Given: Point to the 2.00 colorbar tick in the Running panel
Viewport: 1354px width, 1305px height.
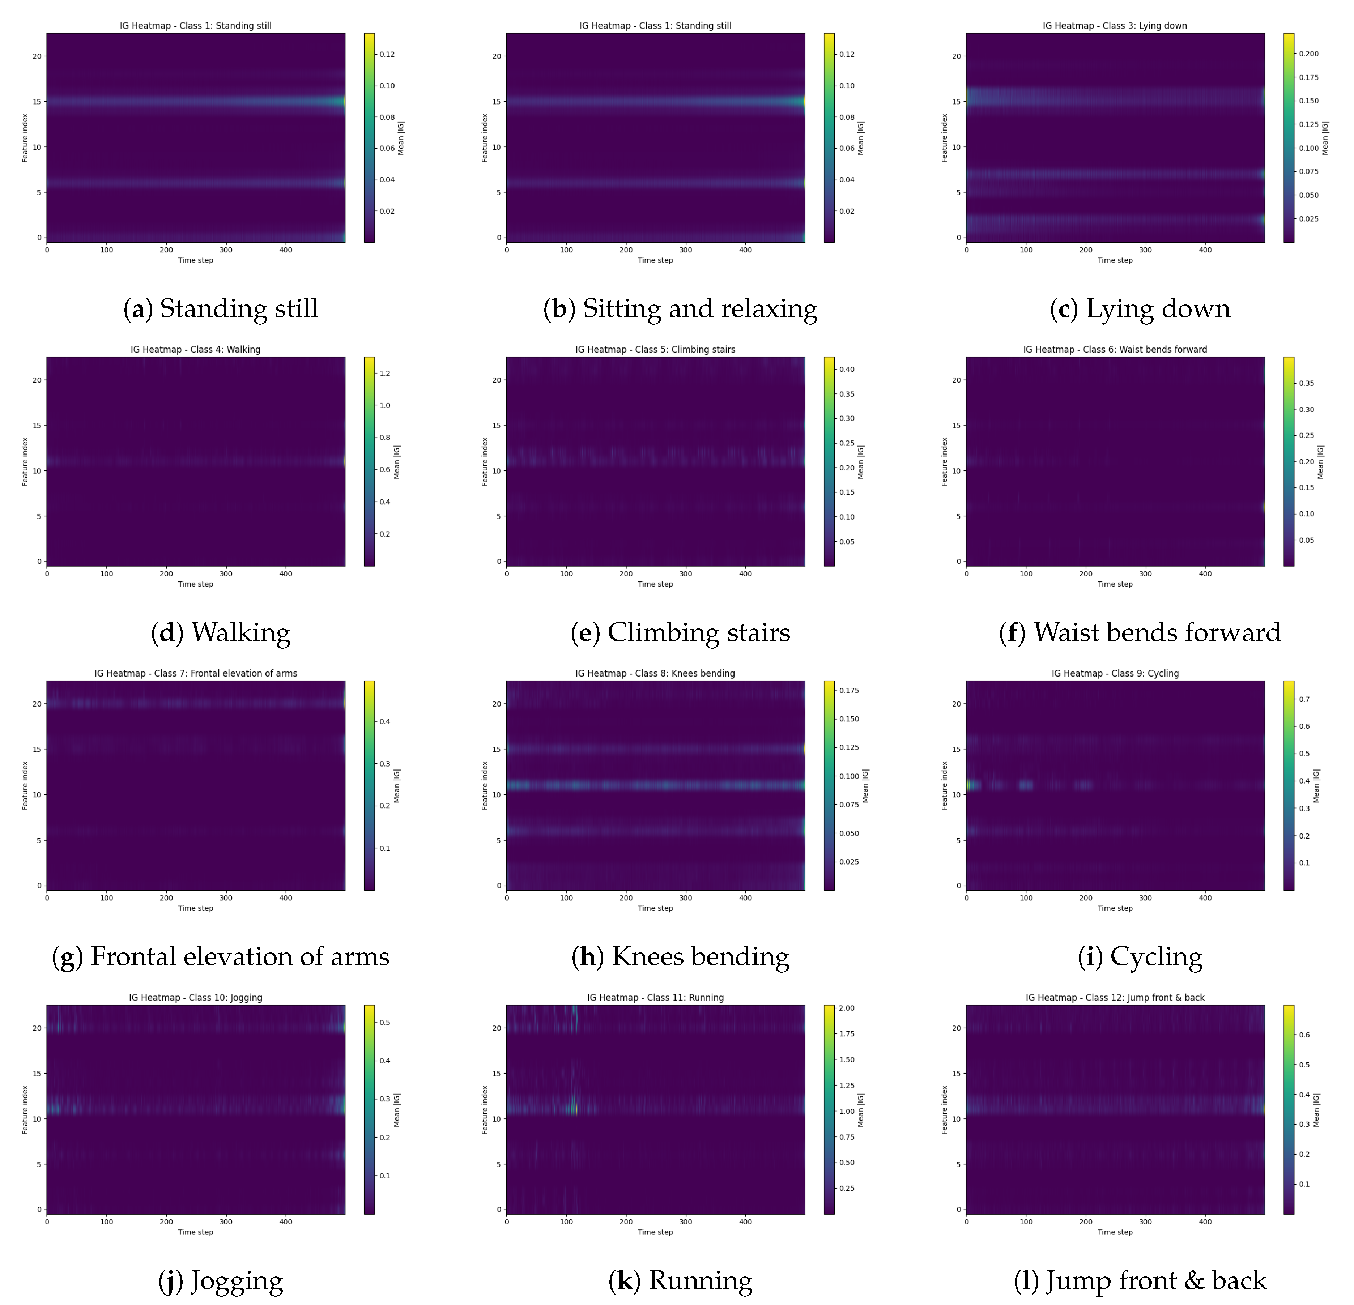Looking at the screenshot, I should (846, 1008).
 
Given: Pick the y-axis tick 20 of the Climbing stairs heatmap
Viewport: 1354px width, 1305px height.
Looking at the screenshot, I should (496, 380).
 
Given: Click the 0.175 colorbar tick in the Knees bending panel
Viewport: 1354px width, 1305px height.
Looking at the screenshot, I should (849, 690).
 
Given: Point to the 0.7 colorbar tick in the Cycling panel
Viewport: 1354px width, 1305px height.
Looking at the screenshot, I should (1304, 699).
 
